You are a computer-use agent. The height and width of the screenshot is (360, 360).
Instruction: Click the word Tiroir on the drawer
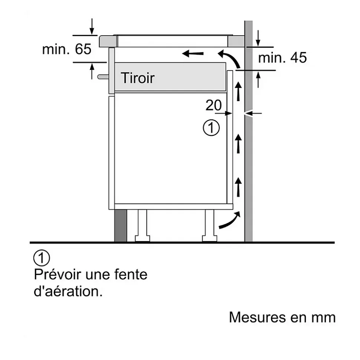(x=137, y=78)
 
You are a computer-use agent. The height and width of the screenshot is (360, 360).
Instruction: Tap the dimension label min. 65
(x=67, y=49)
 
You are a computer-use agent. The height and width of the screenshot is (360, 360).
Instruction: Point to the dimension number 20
(x=213, y=106)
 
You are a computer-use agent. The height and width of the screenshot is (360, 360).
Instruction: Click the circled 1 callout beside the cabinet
(x=211, y=128)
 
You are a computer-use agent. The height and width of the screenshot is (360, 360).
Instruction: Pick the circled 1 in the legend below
(x=42, y=258)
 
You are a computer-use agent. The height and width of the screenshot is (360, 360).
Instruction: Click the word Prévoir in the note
(x=57, y=275)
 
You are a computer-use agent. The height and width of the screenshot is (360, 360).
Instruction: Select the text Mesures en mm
(x=282, y=317)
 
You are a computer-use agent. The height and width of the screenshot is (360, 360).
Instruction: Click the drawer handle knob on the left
(x=103, y=77)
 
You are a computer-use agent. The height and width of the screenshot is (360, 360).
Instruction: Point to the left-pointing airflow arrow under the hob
(x=193, y=55)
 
